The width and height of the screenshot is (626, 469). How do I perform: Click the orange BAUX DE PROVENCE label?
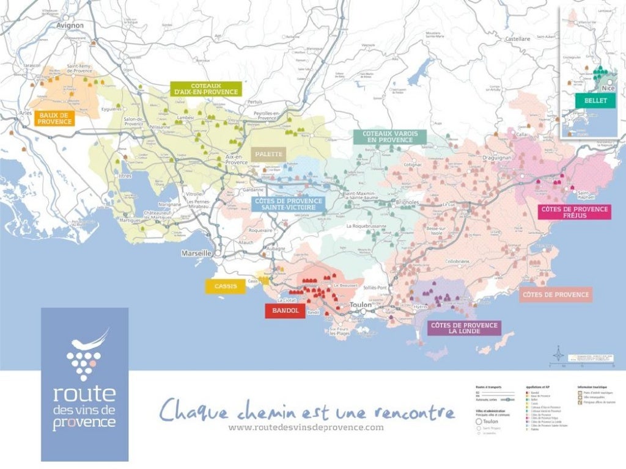(55, 118)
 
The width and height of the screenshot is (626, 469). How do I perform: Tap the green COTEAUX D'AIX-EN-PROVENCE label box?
(206, 89)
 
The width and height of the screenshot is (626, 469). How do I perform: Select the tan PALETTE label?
(268, 154)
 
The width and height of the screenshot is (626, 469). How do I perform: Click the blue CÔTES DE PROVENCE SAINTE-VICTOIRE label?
(287, 204)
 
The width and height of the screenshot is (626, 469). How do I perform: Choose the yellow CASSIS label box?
(226, 286)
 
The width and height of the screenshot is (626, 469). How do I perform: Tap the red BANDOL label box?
(285, 311)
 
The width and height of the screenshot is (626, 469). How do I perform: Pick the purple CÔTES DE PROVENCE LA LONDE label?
(464, 329)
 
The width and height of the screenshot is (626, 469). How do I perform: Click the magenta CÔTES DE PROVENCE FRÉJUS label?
(575, 212)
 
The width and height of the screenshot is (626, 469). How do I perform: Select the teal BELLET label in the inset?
(595, 101)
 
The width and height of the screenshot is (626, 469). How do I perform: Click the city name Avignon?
(69, 26)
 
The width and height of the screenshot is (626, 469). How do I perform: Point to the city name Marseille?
(196, 253)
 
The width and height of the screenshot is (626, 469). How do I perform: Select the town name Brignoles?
(407, 202)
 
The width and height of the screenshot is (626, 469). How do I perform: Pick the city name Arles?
(26, 113)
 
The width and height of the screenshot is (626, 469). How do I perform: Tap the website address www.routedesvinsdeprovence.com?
(306, 427)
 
